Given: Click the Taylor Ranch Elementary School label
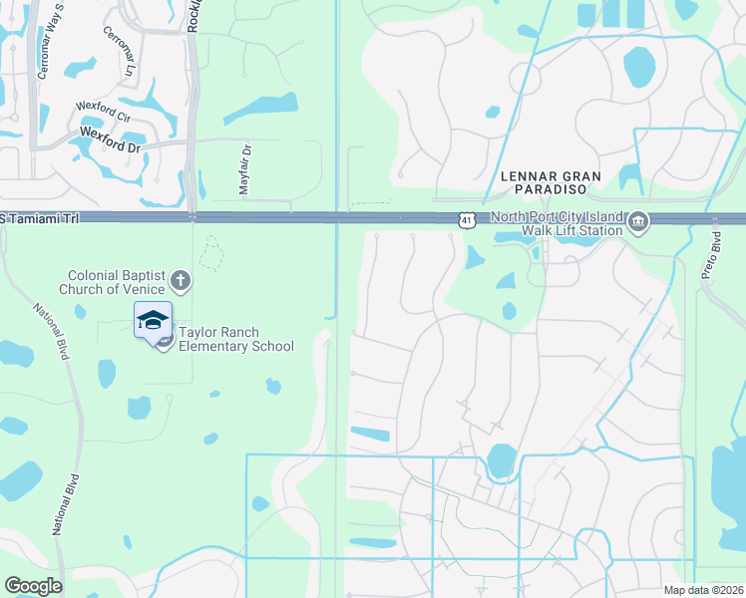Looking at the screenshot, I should [x=234, y=339].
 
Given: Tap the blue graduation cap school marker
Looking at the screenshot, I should [x=153, y=321].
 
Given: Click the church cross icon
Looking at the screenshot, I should [x=180, y=278].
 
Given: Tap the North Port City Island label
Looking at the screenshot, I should [x=557, y=219].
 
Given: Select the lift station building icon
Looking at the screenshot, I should [x=638, y=221].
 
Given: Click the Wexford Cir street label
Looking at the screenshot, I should [x=104, y=112].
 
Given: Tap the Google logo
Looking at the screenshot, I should [x=33, y=585].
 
